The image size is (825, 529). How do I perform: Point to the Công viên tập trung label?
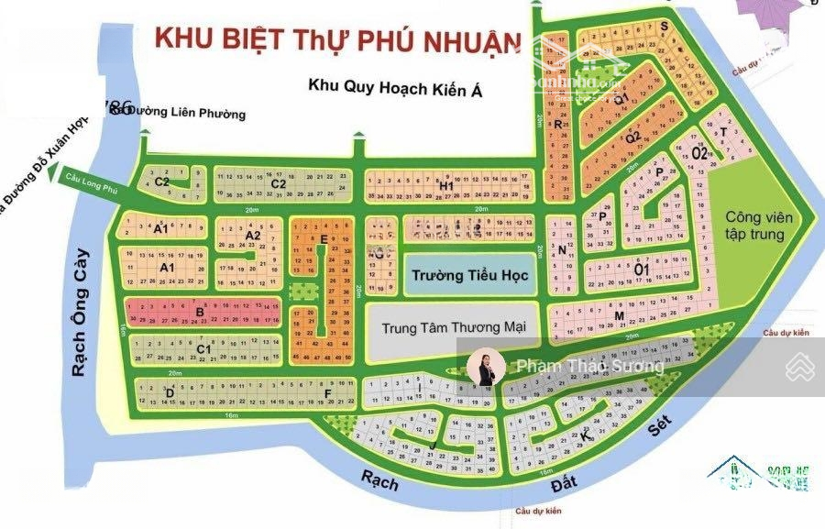tap(754, 226)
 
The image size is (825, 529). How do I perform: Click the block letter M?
tap(620, 317)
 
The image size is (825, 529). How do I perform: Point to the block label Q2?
tap(632, 137)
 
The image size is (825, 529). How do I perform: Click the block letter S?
tap(663, 27)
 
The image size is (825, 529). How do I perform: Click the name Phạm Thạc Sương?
tap(589, 367)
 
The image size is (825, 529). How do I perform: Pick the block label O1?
tap(642, 269)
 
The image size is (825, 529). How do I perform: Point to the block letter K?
tap(584, 438)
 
